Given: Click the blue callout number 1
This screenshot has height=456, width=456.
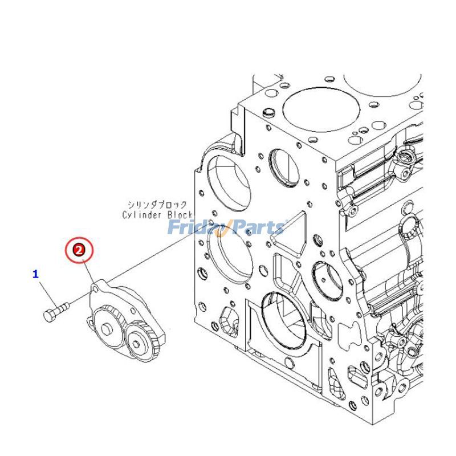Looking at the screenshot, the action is [35, 274].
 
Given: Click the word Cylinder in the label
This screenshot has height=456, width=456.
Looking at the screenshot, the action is [143, 215].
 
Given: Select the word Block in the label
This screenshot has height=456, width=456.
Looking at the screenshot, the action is [180, 215].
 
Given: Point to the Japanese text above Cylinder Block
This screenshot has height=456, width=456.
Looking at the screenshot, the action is [160, 204].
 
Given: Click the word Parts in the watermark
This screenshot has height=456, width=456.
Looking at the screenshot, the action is [256, 228].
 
